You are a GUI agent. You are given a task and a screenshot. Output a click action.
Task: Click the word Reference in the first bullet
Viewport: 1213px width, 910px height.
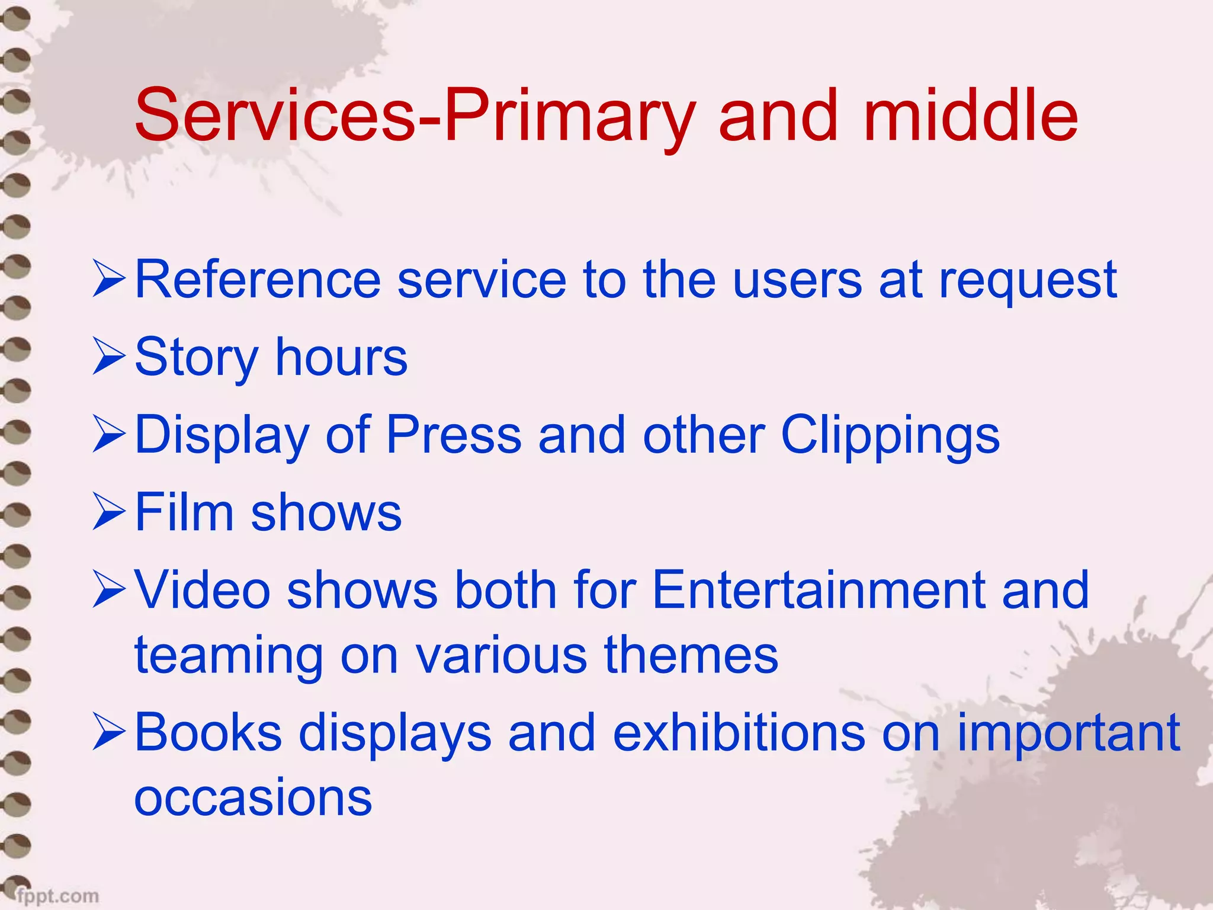coord(258,280)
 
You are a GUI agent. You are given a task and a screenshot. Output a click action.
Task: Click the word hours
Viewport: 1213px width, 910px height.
coord(342,357)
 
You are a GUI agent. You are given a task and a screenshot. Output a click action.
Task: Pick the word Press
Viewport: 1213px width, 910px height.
coord(454,435)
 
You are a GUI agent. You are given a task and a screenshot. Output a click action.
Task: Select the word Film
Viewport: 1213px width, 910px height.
coord(184,512)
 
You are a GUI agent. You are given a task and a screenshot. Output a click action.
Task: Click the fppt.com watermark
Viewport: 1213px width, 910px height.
coord(57,895)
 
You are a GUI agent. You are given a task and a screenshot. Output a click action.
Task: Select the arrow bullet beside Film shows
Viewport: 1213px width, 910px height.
coord(109,513)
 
